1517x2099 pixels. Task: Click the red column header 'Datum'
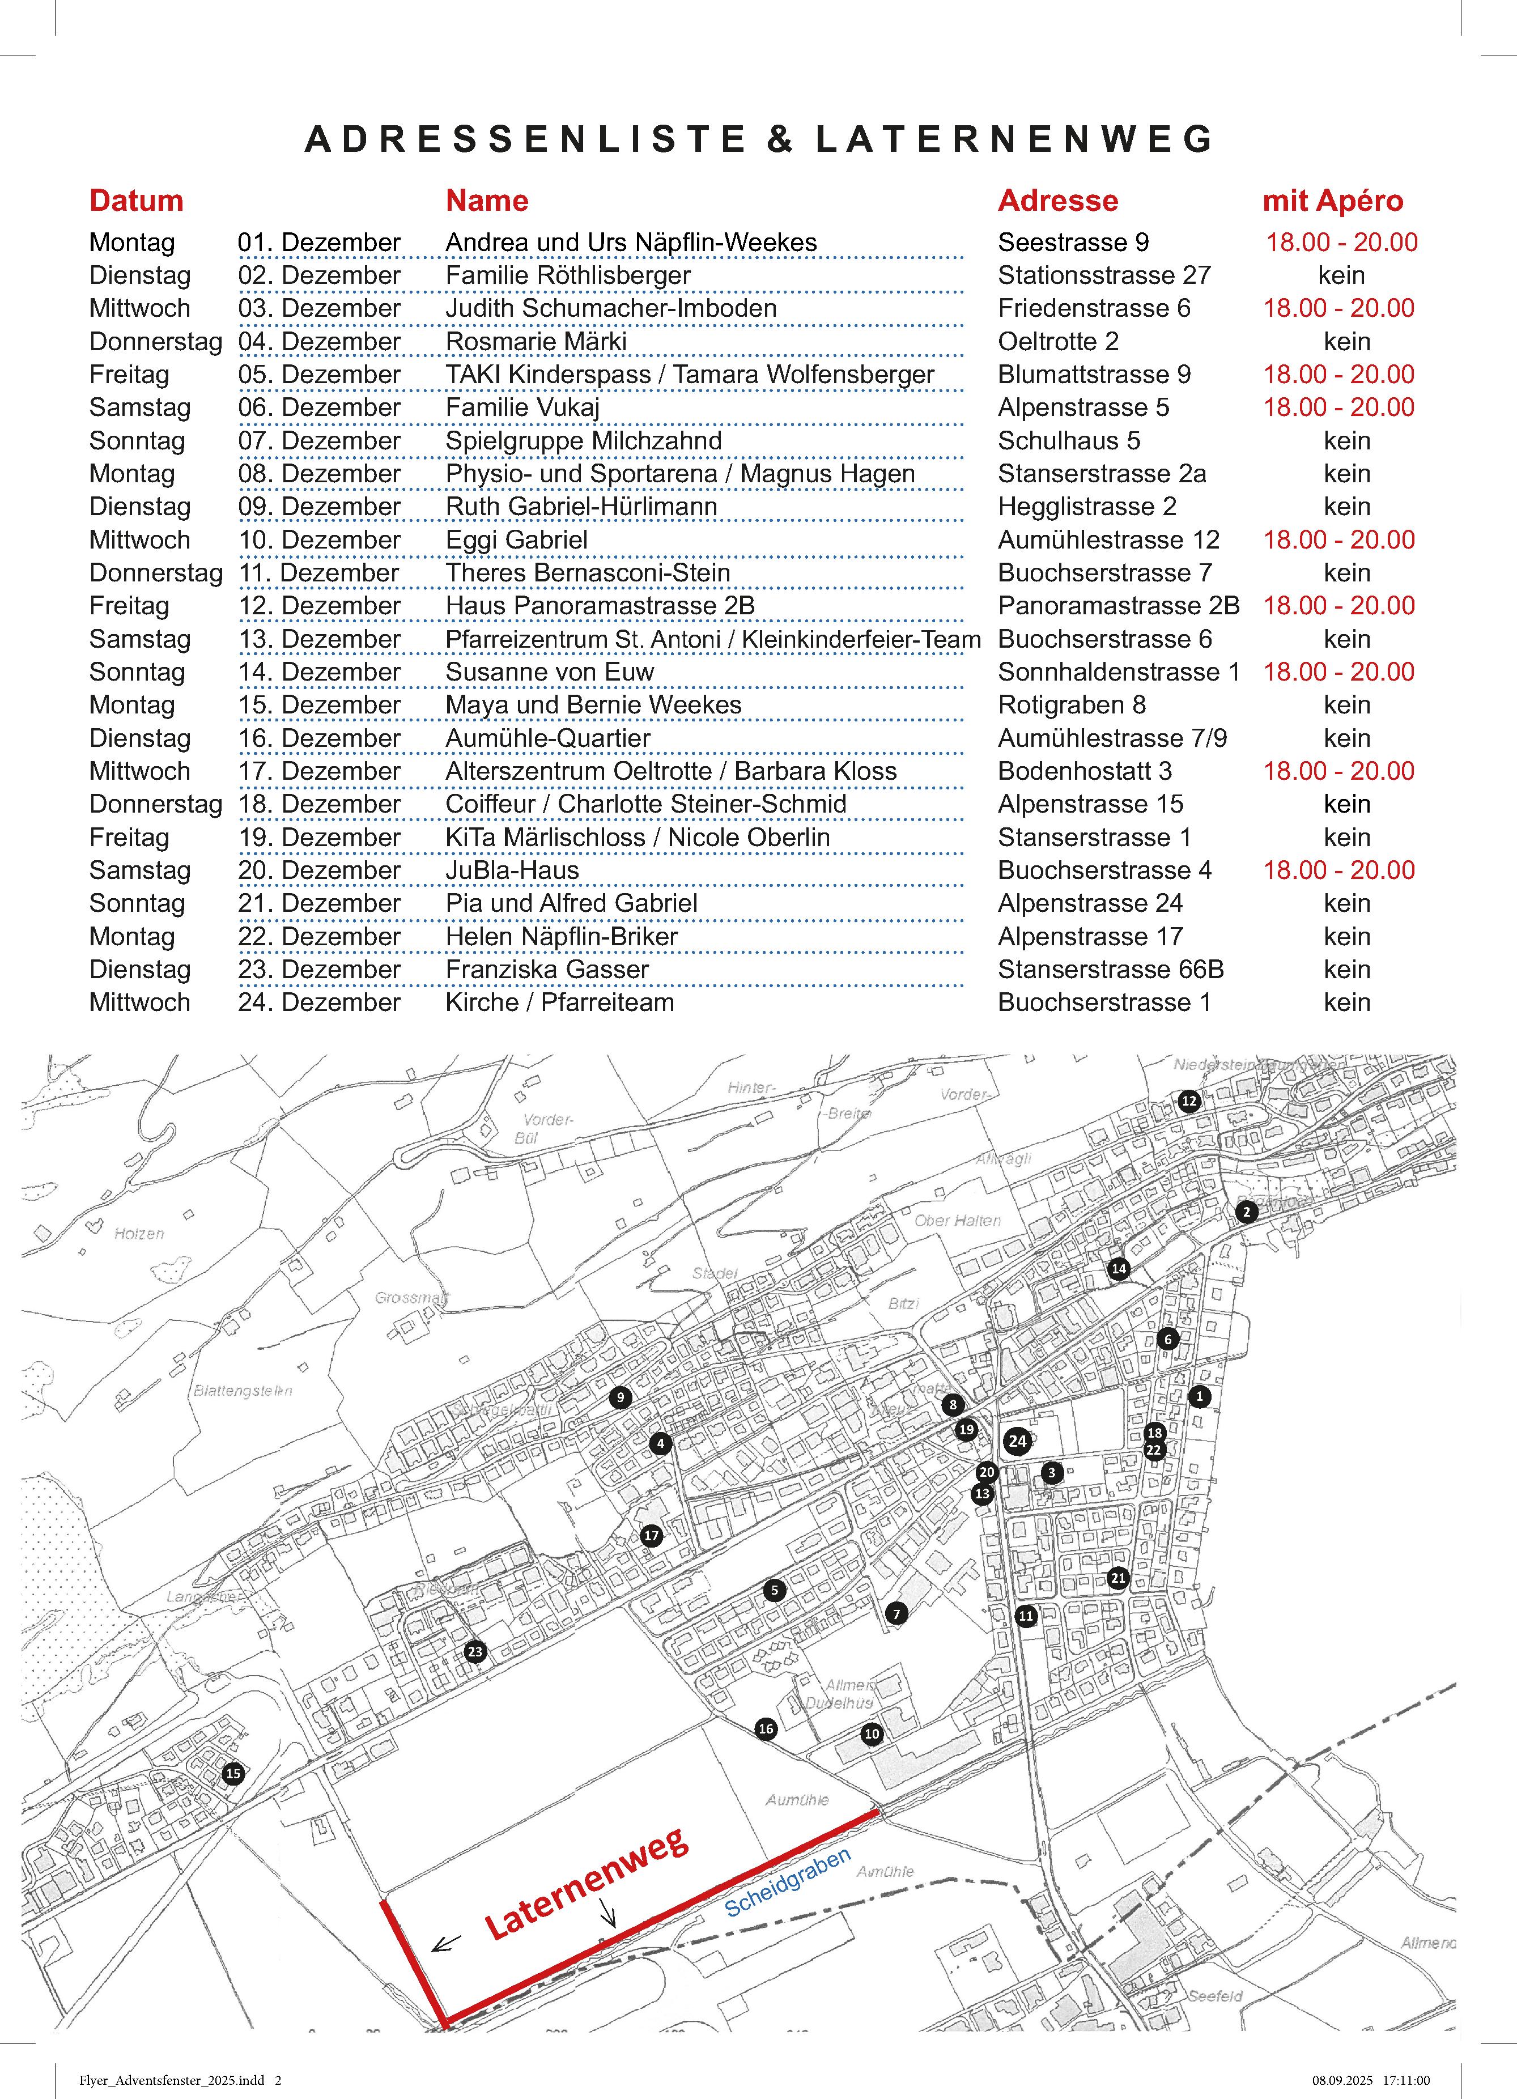click(x=136, y=201)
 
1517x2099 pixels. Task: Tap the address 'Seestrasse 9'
click(x=1073, y=243)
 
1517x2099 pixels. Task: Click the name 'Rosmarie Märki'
click(x=536, y=342)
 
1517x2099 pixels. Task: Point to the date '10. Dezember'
click(x=318, y=539)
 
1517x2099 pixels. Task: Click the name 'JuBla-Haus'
click(x=512, y=870)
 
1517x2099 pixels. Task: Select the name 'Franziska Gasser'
click(x=547, y=969)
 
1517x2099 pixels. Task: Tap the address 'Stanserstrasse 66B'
click(x=1111, y=969)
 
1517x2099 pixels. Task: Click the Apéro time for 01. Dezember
click(x=1341, y=243)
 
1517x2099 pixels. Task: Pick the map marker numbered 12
click(x=1188, y=1101)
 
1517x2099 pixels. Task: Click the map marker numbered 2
click(x=1247, y=1212)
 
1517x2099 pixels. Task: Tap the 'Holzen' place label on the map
click(x=139, y=1234)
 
